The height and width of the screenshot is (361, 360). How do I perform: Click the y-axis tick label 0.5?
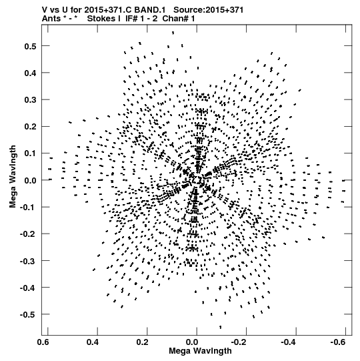(x=30, y=46)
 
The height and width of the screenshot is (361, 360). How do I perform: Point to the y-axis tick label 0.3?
(x=30, y=100)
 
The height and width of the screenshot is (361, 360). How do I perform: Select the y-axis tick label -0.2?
(x=28, y=234)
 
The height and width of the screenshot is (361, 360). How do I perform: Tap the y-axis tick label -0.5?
(x=28, y=314)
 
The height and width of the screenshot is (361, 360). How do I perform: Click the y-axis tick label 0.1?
(x=30, y=153)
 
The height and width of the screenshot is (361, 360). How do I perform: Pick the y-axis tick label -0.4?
(x=28, y=288)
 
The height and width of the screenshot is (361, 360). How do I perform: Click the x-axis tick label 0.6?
(x=43, y=342)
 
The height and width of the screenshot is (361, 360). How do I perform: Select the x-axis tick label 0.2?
(x=143, y=342)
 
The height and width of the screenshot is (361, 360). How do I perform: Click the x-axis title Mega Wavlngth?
(x=200, y=351)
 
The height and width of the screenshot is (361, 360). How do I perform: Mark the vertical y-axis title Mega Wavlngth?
(x=13, y=177)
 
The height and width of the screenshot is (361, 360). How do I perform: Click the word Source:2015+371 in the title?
(x=209, y=10)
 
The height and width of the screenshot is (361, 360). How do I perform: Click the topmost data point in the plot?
(x=173, y=33)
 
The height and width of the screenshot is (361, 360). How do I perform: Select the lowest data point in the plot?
(x=221, y=327)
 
